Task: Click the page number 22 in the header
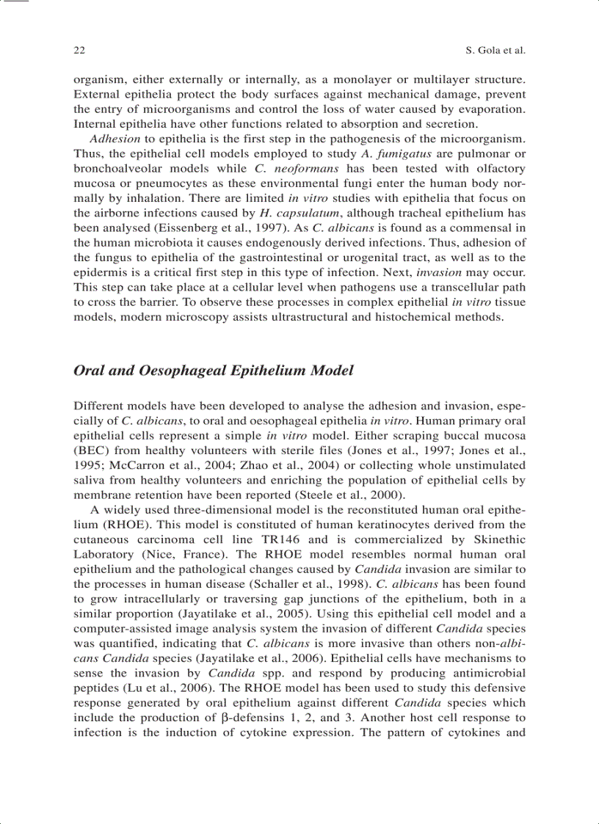point(79,51)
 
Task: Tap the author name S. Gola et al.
point(495,51)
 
